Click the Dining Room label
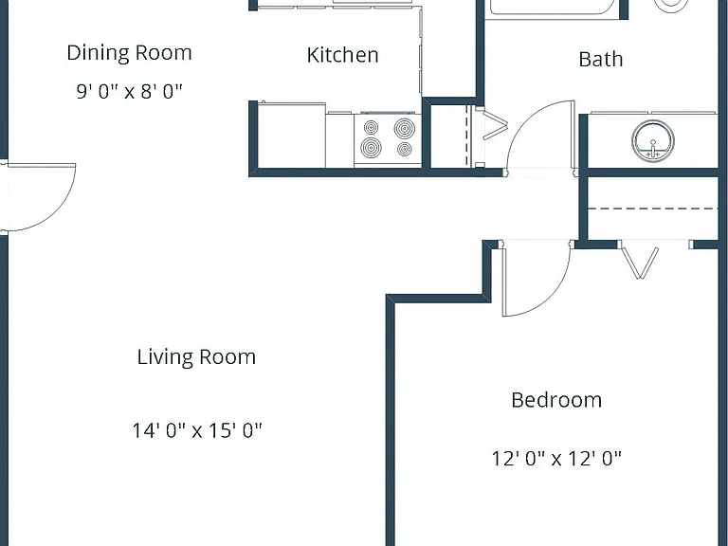coord(129,53)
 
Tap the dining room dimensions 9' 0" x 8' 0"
coord(129,91)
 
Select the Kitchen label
coord(342,55)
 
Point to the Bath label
coord(601,60)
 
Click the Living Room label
coord(196,357)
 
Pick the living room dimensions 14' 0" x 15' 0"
coord(197,430)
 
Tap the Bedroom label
coord(556,400)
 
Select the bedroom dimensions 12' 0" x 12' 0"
coord(556,459)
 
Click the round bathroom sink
coord(653,141)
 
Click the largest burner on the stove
coord(405,128)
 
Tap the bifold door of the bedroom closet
coord(640,264)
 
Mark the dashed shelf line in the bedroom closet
coord(653,209)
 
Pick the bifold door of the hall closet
coord(495,124)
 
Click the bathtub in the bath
coord(553,9)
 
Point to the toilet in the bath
coord(671,5)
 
